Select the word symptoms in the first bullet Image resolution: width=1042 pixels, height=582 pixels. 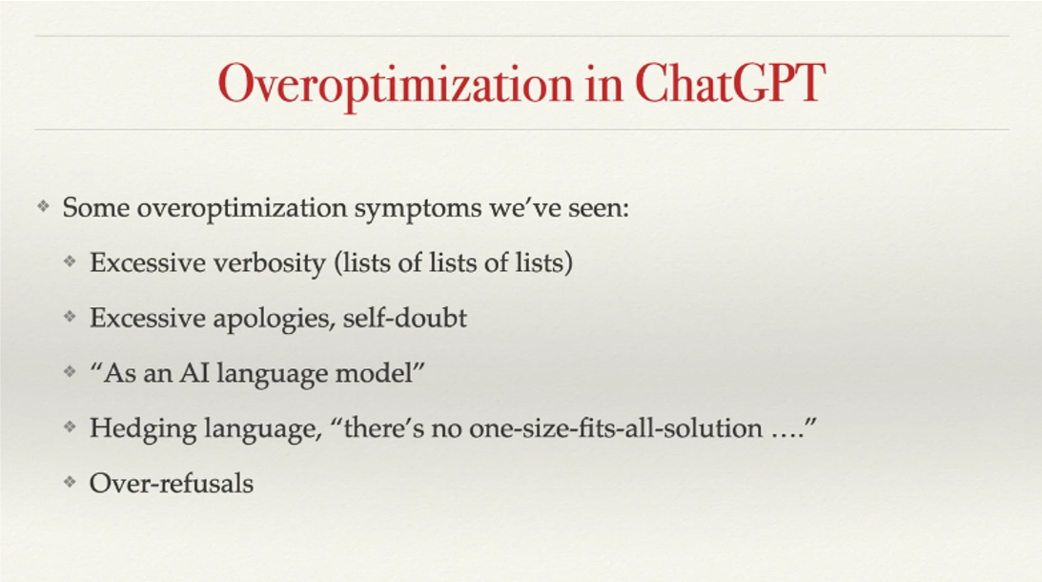point(418,209)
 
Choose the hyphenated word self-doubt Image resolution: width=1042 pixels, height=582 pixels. point(405,318)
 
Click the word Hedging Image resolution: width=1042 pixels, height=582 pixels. point(143,429)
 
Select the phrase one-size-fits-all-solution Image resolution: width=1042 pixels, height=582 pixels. point(615,427)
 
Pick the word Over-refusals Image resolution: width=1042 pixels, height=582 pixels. point(172,484)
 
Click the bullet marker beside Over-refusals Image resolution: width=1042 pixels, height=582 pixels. point(70,482)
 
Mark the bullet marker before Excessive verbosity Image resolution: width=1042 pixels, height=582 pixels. point(70,260)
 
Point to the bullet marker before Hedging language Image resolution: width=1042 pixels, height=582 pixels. point(70,426)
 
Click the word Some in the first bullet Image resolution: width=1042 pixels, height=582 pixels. point(96,208)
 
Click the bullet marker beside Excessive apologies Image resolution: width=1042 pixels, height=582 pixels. point(70,316)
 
